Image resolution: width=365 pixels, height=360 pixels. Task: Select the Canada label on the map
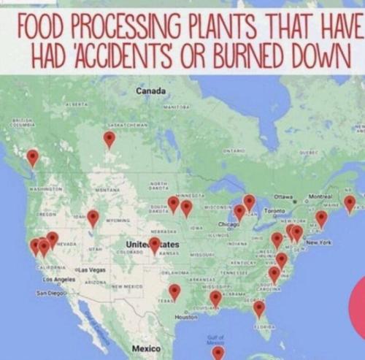click(151, 91)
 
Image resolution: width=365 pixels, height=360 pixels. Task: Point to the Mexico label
click(146, 348)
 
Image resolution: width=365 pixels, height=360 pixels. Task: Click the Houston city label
click(186, 317)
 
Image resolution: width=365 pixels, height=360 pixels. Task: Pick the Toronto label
click(274, 210)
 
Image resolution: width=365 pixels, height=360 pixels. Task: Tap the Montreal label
click(322, 197)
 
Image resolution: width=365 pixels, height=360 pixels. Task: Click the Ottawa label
click(283, 197)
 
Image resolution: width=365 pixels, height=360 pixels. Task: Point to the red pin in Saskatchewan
click(109, 138)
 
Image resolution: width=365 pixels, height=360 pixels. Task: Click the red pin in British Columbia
click(32, 156)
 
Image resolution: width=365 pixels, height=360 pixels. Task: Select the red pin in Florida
click(259, 308)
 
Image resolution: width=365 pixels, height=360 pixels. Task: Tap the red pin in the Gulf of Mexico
click(218, 353)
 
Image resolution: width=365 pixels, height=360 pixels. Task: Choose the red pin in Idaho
click(93, 217)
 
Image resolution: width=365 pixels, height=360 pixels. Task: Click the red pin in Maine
click(350, 202)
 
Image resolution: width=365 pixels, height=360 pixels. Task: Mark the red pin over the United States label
click(154, 244)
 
